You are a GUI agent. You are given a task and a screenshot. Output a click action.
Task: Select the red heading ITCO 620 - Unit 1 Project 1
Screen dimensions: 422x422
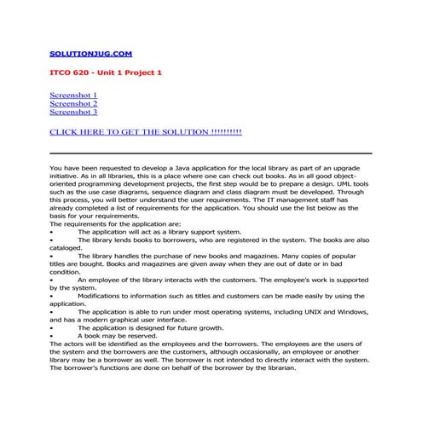(106, 72)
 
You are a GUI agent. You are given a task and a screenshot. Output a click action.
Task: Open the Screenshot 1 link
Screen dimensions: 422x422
(73, 95)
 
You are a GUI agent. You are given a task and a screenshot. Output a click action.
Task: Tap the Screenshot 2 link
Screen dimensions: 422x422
(73, 103)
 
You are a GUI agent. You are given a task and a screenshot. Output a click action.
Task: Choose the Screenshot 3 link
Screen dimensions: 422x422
(73, 112)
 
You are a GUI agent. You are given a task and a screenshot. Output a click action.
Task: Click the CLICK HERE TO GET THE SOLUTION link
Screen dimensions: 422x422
(146, 132)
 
